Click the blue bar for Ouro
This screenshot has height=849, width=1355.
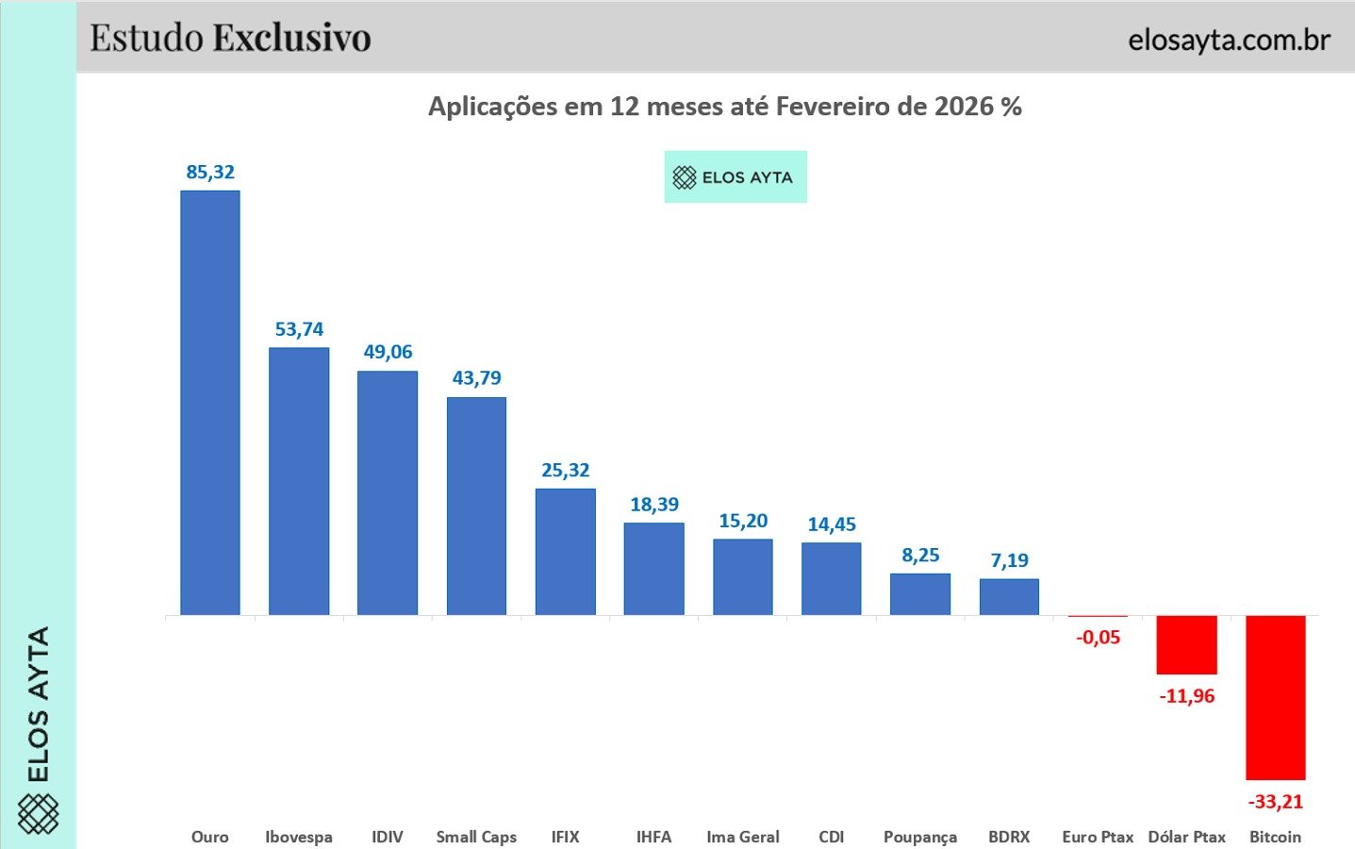pos(210,403)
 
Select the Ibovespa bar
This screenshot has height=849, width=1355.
pos(299,481)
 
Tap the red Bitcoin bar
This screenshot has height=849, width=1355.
pos(1275,698)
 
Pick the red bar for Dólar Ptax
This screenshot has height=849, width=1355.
pos(1186,645)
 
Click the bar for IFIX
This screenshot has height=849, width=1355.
pos(565,552)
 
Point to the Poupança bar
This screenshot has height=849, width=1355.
pos(920,594)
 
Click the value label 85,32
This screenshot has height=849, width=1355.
pos(210,173)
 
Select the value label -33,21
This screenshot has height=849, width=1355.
pos(1275,802)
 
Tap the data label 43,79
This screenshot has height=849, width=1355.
pos(477,378)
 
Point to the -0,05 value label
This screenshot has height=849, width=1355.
pos(1098,637)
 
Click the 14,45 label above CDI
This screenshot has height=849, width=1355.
pos(832,524)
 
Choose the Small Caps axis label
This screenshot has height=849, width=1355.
pos(476,837)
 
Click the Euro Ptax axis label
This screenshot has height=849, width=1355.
pos(1098,837)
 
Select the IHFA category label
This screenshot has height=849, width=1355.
pos(653,837)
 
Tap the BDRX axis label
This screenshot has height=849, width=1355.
pos(1009,837)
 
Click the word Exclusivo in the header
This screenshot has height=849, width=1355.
pos(291,38)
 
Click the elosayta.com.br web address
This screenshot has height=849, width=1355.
pos(1230,40)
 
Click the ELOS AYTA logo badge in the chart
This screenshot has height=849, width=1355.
pos(735,176)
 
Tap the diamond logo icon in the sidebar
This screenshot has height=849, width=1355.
pos(38,814)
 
